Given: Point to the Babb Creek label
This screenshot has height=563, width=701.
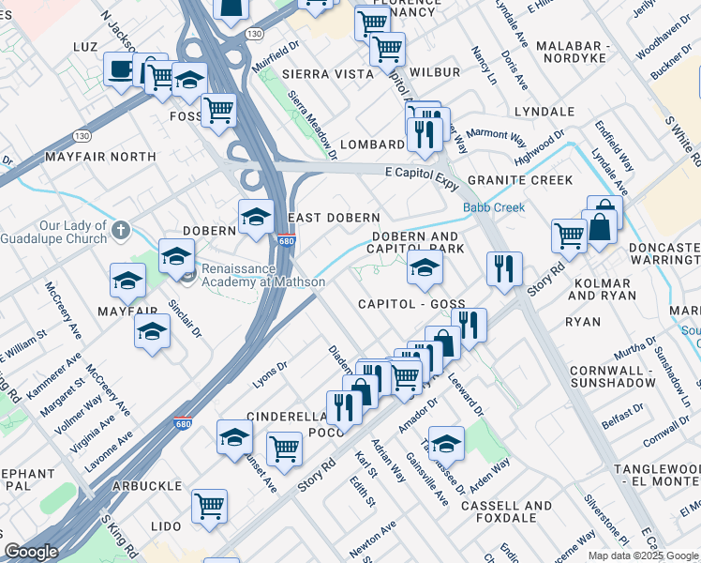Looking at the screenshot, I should pos(493,207).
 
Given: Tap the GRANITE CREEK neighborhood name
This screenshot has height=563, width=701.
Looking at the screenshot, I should pos(519,180).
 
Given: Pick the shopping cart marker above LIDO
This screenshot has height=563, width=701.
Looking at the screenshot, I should pos(210,506).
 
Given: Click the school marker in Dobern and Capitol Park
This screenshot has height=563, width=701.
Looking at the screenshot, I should pos(425,268).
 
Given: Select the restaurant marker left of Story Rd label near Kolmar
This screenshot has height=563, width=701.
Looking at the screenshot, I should pos(504,268).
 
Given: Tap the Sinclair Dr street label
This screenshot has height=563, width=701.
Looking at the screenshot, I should pos(184,319).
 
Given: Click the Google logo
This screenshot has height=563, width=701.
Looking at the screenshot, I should pos(31,552).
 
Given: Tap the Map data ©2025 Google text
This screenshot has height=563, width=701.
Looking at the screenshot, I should pos(644,555).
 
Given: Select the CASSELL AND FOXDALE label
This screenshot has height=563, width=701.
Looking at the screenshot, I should pos(506,511).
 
